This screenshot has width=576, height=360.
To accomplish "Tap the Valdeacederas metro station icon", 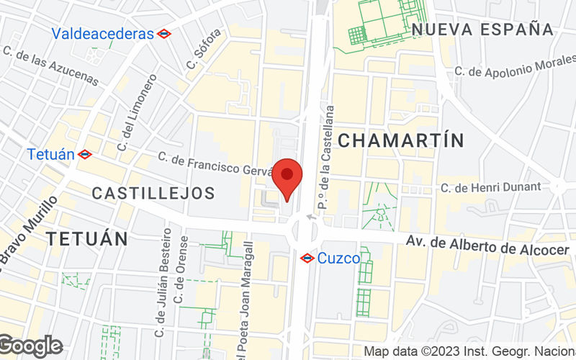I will coord(164,33).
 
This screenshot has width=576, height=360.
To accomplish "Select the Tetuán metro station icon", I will coord(85,153).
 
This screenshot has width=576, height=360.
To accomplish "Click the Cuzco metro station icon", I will coord(306,257).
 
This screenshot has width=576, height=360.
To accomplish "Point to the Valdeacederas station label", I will coord(103,33).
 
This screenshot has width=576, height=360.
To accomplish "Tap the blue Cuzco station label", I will coord(338,258).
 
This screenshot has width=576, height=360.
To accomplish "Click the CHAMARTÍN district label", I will coord(401,140).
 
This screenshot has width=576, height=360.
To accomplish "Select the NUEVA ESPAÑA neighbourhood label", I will coord(483,30).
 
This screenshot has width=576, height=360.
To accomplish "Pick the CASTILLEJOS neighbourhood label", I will coord(153,193).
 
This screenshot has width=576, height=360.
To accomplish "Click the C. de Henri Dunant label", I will coord(490,187).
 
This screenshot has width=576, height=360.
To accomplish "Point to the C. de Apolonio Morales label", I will coord(513,70).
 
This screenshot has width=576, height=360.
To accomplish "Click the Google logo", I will coord(31,346).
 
